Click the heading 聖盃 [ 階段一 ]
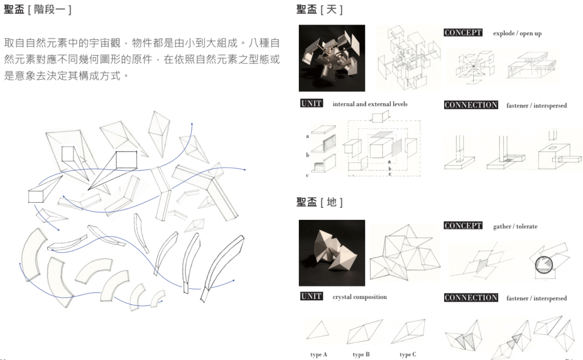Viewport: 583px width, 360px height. point(37,9)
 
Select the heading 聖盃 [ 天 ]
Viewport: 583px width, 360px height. point(319,9)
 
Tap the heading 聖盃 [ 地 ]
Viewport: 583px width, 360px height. point(319,202)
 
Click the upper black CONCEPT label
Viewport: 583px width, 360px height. point(463,32)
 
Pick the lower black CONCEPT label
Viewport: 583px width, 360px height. point(463,226)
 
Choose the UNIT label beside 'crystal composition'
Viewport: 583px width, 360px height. point(311,296)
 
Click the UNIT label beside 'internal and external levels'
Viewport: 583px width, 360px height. point(311,104)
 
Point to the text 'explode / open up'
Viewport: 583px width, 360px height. point(517,34)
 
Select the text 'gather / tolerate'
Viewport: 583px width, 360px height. point(515,227)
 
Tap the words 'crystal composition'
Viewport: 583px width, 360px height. point(360,297)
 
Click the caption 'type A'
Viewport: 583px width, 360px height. point(319,354)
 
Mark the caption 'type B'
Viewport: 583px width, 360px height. point(361,354)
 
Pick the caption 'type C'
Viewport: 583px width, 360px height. point(408,354)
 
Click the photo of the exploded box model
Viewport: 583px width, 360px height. point(332,58)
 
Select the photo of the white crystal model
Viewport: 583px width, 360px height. point(332,253)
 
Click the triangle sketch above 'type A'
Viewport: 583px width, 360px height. point(318,330)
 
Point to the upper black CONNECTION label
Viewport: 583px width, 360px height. point(471,105)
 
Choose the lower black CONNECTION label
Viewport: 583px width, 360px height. point(471,297)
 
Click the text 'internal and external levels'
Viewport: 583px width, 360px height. point(370,104)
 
